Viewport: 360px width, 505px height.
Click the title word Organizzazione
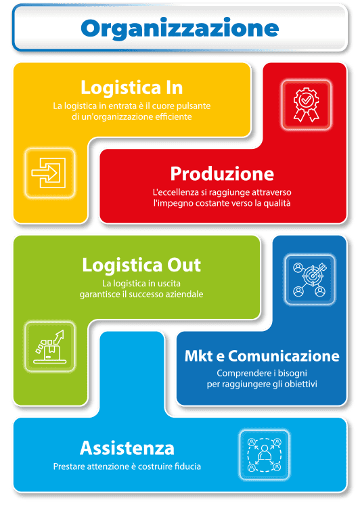pos(180,29)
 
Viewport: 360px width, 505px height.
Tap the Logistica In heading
pos(132,87)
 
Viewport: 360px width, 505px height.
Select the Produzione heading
pos(222,174)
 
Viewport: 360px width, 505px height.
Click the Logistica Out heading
pos(141,265)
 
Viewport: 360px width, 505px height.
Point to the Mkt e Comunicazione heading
pos(262,356)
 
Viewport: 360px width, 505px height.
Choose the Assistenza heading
pos(127,448)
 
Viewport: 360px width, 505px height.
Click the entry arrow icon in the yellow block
pos(49,173)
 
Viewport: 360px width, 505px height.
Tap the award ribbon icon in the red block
pos(306,105)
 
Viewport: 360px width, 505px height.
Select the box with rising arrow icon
pos(50,347)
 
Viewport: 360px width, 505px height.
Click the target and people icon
pos(310,280)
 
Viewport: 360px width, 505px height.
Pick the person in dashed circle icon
pos(265,455)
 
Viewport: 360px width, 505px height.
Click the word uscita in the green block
pos(169,284)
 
